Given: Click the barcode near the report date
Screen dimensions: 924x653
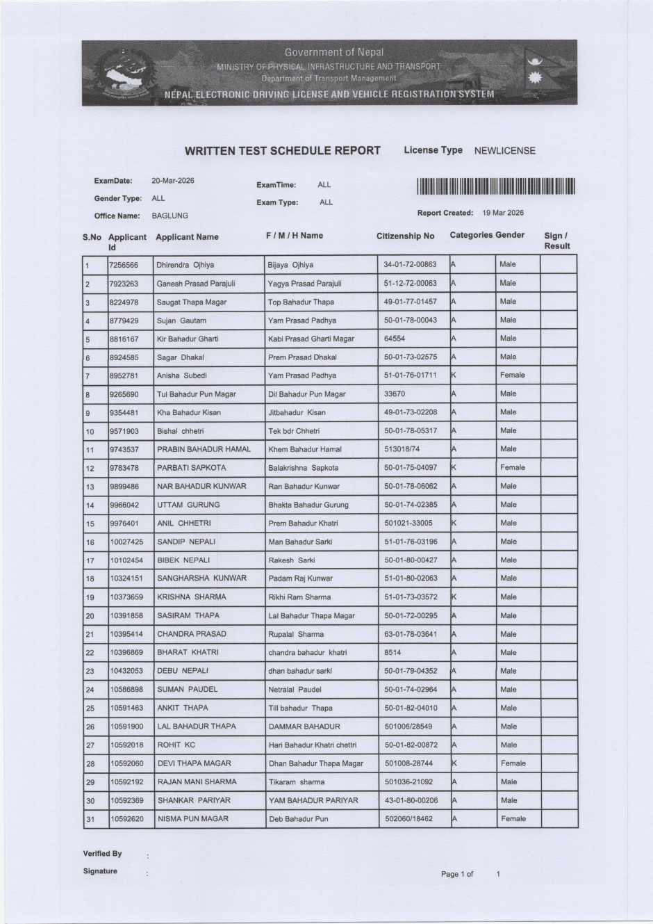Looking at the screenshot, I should click(496, 186).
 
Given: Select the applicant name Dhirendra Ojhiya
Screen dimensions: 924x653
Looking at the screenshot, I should click(185, 265).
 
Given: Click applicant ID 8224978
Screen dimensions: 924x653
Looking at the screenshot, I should click(124, 302).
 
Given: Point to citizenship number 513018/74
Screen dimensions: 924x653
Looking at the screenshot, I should click(402, 449).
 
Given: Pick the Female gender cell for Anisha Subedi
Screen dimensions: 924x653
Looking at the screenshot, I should click(512, 375).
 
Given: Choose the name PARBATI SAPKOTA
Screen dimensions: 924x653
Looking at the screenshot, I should click(191, 468).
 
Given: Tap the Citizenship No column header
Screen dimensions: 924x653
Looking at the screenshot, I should click(405, 236).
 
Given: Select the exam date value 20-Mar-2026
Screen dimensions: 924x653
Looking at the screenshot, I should click(173, 181).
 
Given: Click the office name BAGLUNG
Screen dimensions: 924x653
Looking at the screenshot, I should click(170, 216).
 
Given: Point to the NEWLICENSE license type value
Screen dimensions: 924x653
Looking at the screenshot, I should click(505, 151).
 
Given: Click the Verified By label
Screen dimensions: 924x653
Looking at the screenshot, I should click(102, 854).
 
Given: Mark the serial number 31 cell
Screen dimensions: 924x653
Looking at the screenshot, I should click(90, 820).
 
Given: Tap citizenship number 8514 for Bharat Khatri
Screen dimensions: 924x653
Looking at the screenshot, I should click(393, 653).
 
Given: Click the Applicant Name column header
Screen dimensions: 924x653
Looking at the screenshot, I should click(187, 237).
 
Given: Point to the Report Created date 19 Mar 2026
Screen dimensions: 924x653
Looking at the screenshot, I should click(503, 213).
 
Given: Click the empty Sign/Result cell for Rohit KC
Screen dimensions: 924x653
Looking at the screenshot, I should click(558, 745).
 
